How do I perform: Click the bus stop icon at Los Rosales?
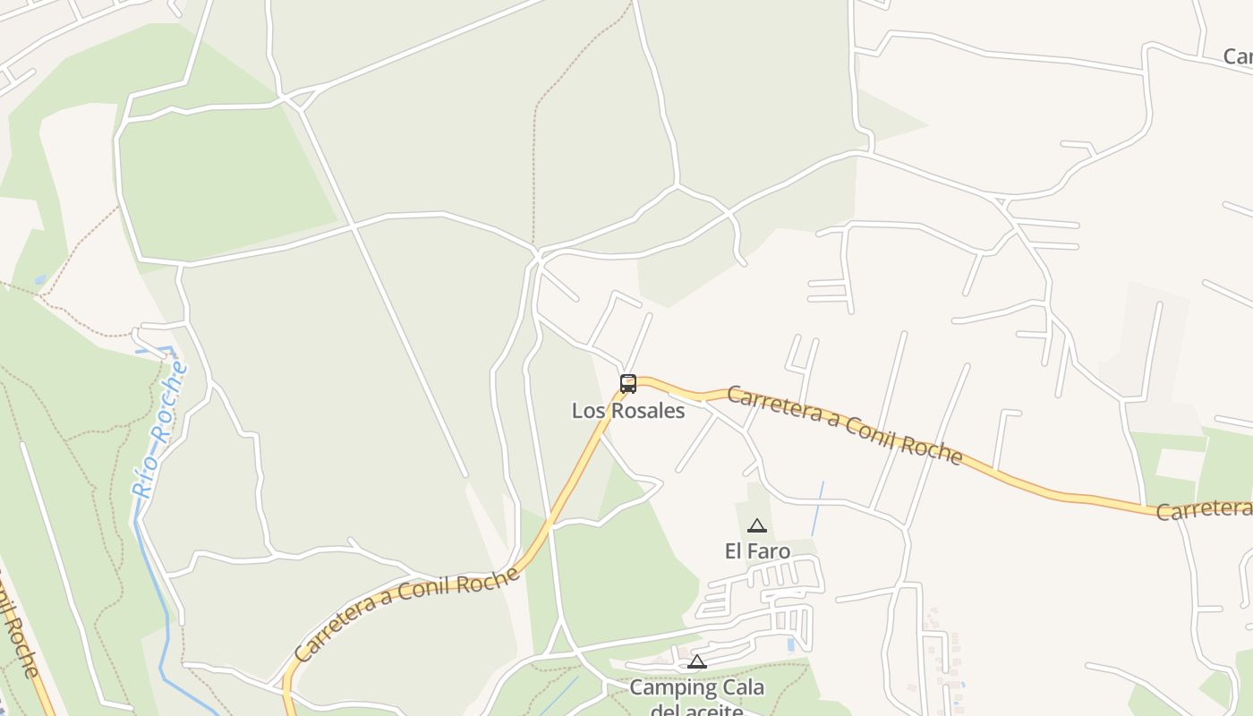pos(628,384)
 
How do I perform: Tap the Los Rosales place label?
pos(628,411)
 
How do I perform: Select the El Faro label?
pos(757,551)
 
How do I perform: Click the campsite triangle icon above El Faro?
pos(757,525)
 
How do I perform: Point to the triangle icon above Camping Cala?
pos(697,662)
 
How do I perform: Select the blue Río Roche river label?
pos(158,430)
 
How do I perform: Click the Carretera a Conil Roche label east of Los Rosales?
pos(844,425)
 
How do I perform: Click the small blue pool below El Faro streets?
pos(790,644)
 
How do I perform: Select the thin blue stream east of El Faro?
pos(818,508)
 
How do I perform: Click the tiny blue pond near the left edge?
pos(40,280)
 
